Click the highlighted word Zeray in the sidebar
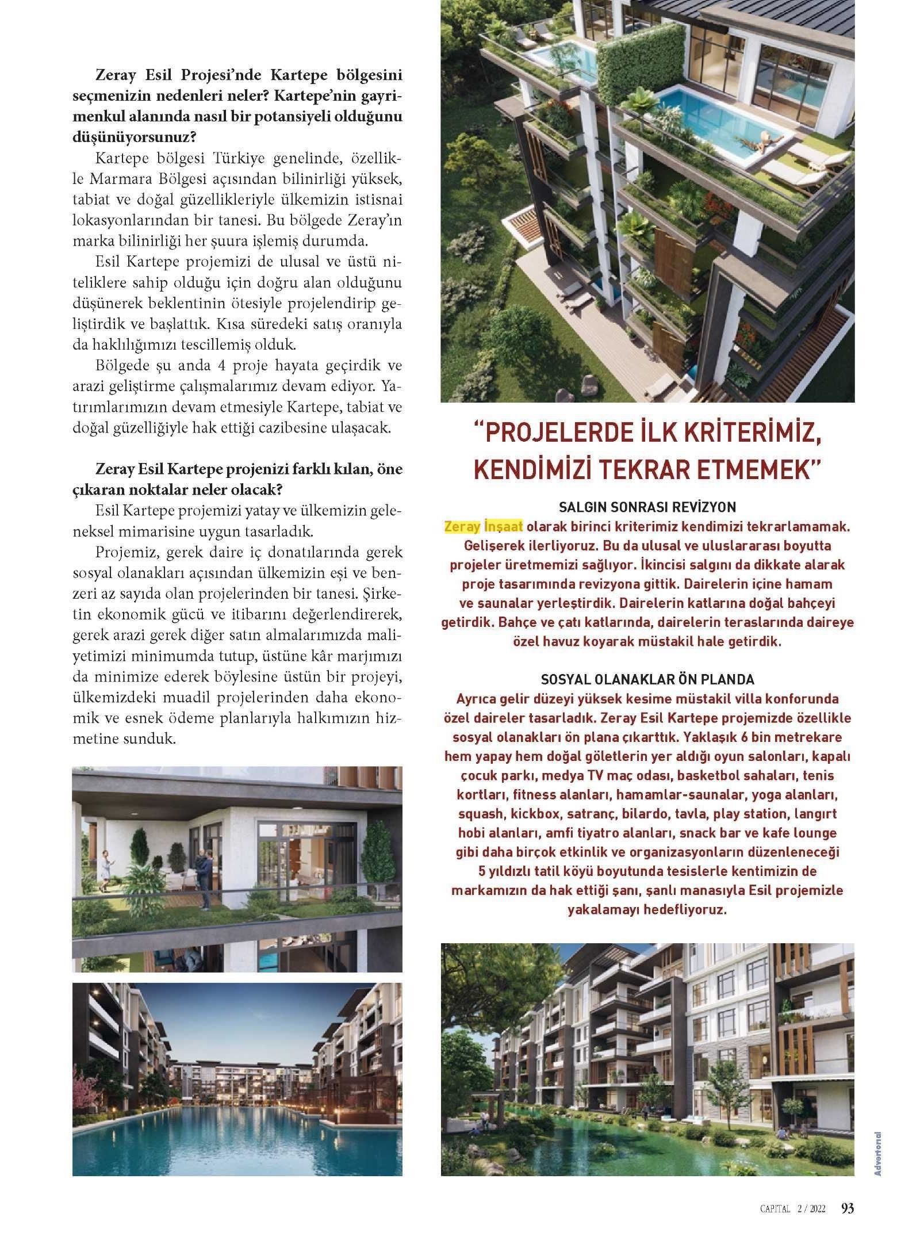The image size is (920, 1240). point(462,526)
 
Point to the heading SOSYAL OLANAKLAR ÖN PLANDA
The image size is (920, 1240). point(647,679)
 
